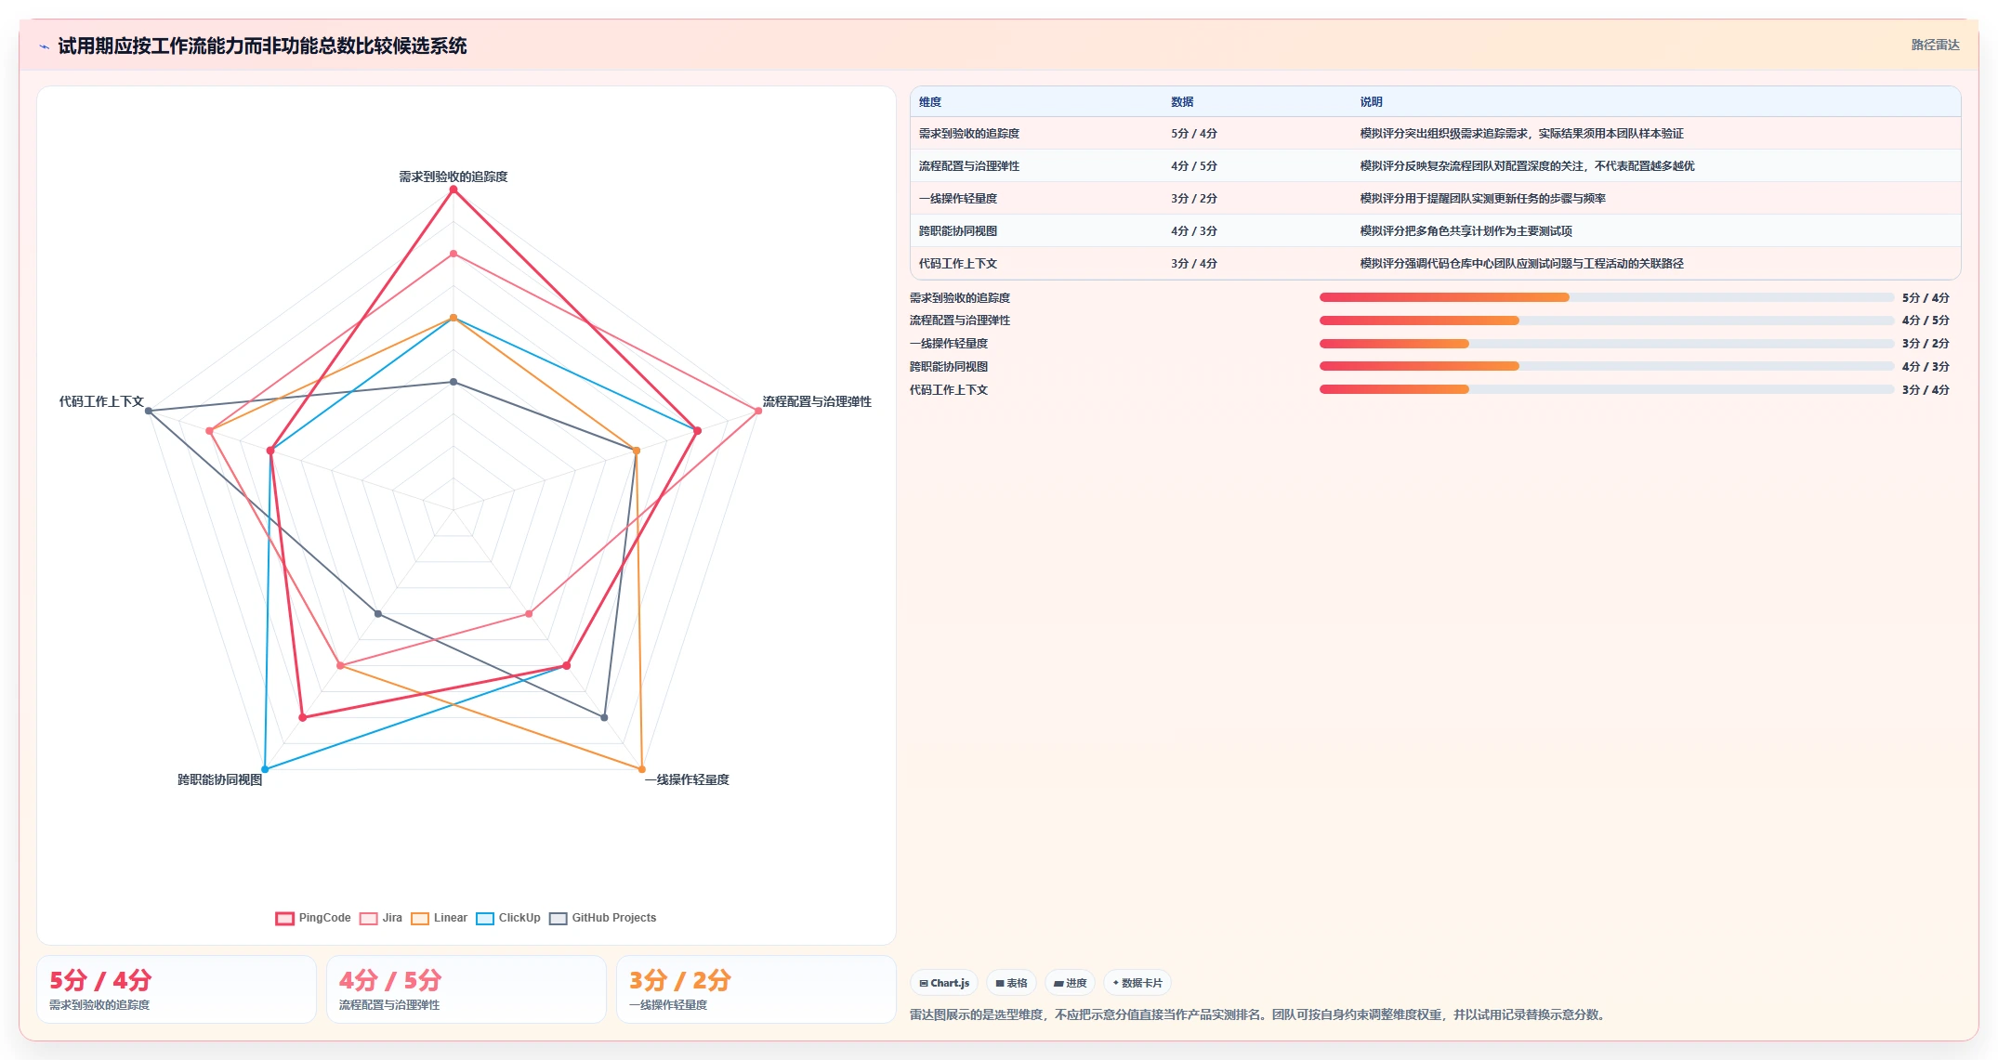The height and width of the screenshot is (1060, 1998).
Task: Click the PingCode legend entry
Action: pos(313,918)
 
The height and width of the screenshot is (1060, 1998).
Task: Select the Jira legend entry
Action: pos(381,918)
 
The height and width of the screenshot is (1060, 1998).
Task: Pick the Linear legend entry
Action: pos(439,918)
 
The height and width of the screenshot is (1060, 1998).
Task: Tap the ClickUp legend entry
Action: pos(508,918)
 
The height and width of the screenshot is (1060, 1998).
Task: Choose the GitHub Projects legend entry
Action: pos(603,918)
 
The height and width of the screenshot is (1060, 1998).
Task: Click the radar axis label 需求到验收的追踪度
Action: pos(453,177)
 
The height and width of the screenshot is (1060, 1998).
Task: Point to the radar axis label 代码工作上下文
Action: pos(101,401)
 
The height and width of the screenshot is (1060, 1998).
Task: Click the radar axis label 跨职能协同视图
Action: pos(220,779)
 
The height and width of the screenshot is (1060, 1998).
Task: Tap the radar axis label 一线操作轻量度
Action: pos(687,779)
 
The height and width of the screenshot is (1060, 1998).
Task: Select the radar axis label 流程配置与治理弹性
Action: pos(817,401)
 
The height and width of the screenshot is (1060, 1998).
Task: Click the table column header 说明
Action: pos(1372,102)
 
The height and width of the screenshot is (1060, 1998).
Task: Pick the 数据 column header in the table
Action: pos(1182,102)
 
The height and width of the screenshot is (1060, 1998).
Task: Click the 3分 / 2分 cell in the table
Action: pos(1194,199)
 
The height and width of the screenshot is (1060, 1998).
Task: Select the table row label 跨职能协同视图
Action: pos(958,231)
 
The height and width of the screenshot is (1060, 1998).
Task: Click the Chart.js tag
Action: pos(944,983)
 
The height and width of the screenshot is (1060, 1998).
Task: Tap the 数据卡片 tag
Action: pos(1137,983)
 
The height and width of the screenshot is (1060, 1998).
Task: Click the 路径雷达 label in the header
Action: pos(1936,45)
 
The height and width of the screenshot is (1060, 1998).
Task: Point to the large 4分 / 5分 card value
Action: pos(390,980)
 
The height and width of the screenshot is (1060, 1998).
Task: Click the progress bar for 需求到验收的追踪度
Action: pos(1607,297)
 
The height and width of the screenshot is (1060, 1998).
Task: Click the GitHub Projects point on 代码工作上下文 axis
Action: pos(149,411)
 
